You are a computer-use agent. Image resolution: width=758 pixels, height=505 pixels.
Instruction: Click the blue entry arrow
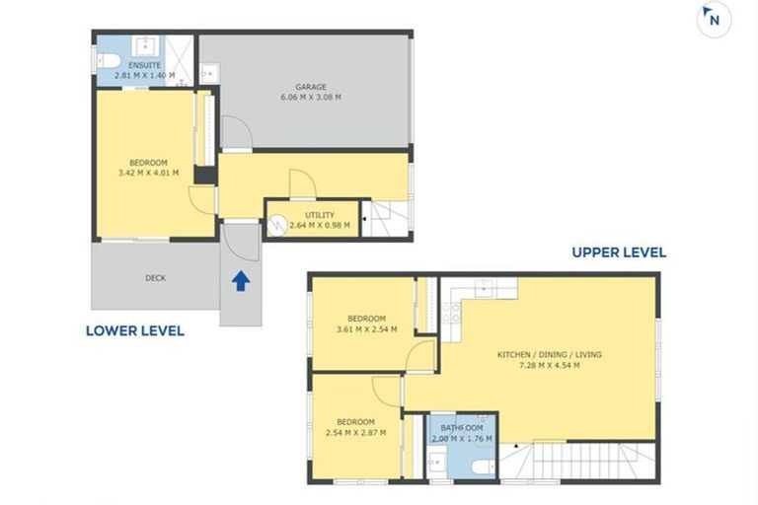click(241, 281)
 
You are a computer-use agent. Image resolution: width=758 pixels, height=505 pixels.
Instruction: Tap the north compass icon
click(714, 20)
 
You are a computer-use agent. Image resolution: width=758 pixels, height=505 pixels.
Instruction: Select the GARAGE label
click(311, 87)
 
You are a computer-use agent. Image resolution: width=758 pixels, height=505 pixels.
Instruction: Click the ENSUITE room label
click(144, 65)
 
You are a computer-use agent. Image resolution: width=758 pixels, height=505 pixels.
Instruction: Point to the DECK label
click(156, 278)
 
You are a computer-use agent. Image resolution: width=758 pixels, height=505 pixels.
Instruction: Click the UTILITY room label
click(320, 215)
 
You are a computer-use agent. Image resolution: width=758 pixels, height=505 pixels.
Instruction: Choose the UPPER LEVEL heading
click(619, 252)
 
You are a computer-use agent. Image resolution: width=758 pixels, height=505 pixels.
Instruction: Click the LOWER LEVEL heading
click(135, 331)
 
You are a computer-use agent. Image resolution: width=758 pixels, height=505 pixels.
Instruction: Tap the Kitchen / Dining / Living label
click(550, 355)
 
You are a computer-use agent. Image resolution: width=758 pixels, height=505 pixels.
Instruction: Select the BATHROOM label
click(462, 428)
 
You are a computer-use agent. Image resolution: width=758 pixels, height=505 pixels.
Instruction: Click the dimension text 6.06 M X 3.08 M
click(311, 97)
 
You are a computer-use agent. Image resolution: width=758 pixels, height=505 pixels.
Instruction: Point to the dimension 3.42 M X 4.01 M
click(148, 173)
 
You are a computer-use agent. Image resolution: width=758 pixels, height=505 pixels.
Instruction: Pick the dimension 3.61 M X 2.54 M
click(366, 329)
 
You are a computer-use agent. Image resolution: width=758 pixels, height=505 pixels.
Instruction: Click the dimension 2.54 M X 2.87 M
click(355, 433)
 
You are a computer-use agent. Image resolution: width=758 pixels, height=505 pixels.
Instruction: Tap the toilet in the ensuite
click(109, 61)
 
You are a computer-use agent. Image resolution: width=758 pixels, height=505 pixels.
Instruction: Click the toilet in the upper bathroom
click(482, 468)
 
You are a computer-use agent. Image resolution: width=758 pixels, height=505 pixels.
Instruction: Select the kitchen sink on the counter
click(484, 289)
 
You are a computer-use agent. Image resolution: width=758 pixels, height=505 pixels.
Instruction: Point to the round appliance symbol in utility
click(277, 226)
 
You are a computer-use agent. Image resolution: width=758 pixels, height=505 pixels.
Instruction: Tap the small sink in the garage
click(210, 73)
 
